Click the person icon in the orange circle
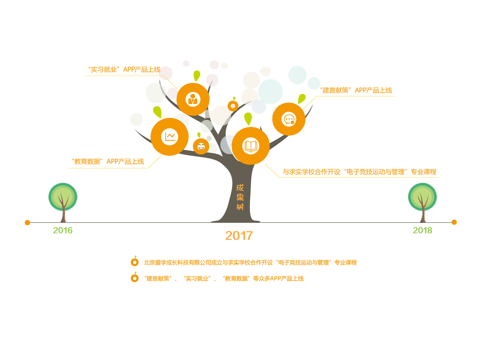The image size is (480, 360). pos(193,99)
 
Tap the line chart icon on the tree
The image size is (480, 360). pos(170,137)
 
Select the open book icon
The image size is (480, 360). pos(251,146)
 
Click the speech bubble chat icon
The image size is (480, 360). pos(289,119)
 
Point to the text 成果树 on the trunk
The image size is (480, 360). pos(240,197)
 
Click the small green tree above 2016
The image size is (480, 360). pos(63,203)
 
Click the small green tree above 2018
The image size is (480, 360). pos(422,203)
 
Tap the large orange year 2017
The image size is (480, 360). pos(239,236)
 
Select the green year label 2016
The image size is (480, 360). pos(63,231)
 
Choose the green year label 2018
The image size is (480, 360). pos(422,231)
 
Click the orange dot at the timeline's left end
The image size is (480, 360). pos(27,222)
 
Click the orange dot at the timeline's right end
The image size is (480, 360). pos(454,222)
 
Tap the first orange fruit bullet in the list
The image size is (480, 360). pos(135,262)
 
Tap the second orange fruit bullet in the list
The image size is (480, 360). pos(135,278)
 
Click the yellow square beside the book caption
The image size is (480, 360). pos(272,170)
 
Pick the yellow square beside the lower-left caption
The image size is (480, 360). pos(155,161)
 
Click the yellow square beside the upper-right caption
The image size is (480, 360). pos(310,103)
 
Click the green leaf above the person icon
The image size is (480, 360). pos(196,76)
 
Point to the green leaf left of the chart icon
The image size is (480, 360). pos(158,112)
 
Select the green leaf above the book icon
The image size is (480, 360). pos(248,119)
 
